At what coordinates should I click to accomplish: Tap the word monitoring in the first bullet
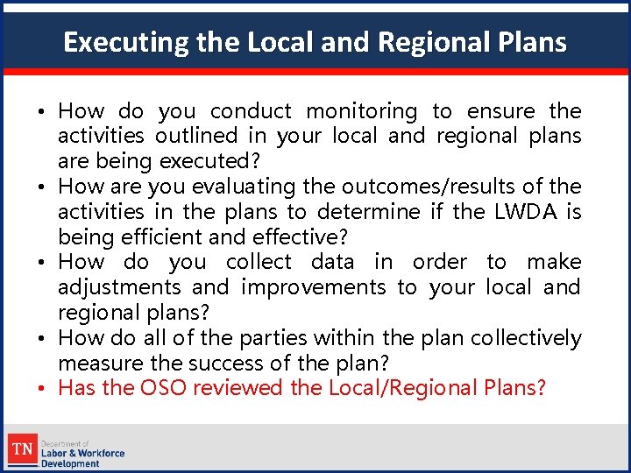(x=362, y=111)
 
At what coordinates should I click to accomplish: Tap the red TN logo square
(x=21, y=451)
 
